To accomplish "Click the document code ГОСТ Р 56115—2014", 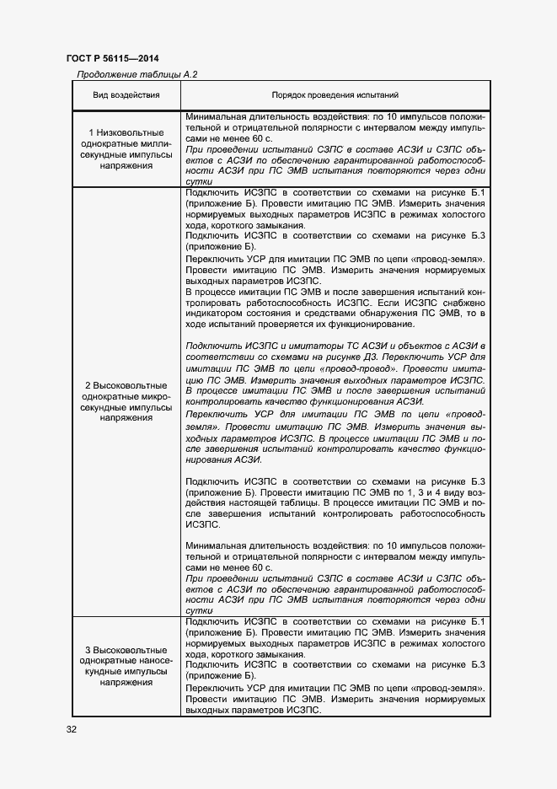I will pyautogui.click(x=112, y=58).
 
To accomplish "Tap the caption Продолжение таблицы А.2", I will pyautogui.click(x=137, y=74).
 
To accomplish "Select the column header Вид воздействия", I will pyautogui.click(x=126, y=95).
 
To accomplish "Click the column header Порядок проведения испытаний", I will pyautogui.click(x=335, y=95).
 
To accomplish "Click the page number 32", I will pyautogui.click(x=72, y=729).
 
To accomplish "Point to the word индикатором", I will pyautogui.click(x=215, y=314).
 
